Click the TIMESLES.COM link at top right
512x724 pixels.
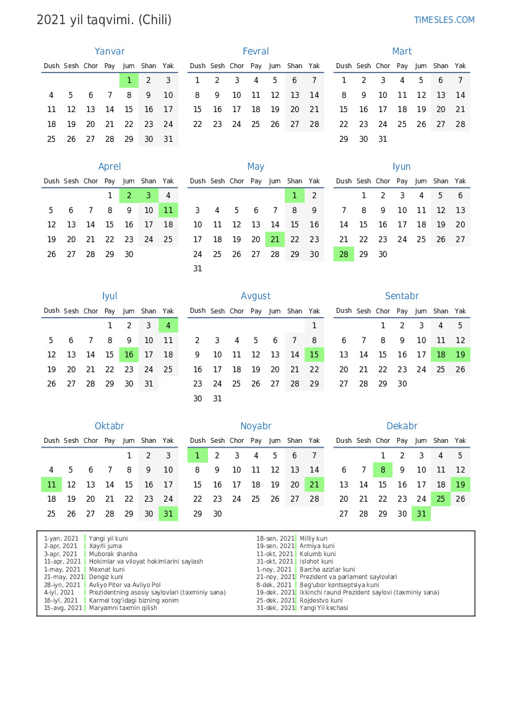click(444, 20)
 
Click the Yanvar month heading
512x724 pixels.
click(110, 51)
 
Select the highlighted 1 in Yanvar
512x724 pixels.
click(129, 80)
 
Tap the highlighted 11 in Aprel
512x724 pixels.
click(168, 210)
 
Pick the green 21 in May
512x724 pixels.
click(275, 240)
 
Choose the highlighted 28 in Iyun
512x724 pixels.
click(344, 254)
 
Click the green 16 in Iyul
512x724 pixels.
click(129, 355)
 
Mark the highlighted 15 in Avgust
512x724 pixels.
click(315, 355)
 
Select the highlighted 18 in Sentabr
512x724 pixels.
click(441, 355)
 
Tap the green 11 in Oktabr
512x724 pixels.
click(51, 484)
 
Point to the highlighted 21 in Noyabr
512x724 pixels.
click(315, 484)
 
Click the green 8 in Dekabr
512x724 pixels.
click(383, 470)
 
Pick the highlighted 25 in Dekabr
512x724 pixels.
click(441, 499)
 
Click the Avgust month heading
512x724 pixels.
click(256, 296)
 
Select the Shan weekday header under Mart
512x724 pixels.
click(441, 66)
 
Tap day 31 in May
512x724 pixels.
click(197, 269)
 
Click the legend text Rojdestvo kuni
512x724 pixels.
click(321, 600)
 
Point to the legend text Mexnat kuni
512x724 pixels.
click(106, 569)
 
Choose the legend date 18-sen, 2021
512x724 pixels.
click(276, 539)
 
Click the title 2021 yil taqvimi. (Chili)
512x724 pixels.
click(104, 20)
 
